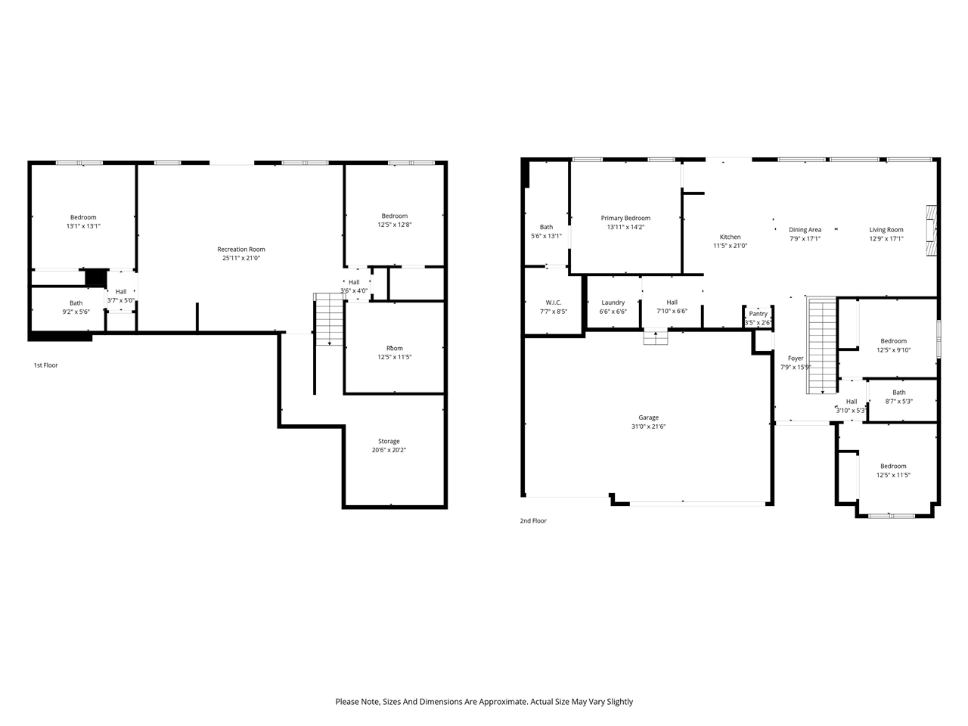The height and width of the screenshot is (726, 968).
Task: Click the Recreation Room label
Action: (x=241, y=250)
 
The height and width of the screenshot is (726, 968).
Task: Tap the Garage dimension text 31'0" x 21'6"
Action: (x=648, y=427)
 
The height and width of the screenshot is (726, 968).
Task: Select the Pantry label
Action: (x=758, y=314)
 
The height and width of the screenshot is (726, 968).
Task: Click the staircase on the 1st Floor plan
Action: (x=329, y=319)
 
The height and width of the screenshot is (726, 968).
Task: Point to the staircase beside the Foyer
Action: (x=822, y=346)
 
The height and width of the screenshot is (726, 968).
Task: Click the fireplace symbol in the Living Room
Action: (x=932, y=231)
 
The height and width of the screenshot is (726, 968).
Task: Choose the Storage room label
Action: (x=389, y=442)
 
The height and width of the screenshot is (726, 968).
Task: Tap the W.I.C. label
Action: (x=554, y=302)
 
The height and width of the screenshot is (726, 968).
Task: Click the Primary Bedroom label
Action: (x=625, y=219)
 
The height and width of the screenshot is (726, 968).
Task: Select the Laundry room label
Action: (x=613, y=302)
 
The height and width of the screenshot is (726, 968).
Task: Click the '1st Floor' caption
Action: (x=45, y=365)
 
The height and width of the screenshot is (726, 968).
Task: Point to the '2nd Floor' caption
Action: (x=533, y=521)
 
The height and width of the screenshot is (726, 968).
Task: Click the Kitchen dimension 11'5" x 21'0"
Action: (x=730, y=246)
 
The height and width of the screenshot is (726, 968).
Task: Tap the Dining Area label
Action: (x=805, y=230)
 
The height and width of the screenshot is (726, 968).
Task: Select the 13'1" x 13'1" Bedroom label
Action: (x=83, y=218)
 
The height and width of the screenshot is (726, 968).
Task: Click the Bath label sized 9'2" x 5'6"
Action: (x=76, y=303)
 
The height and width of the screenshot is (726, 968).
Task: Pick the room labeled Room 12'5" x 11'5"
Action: (x=394, y=349)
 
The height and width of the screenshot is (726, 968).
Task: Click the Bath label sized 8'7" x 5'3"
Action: (x=898, y=392)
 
